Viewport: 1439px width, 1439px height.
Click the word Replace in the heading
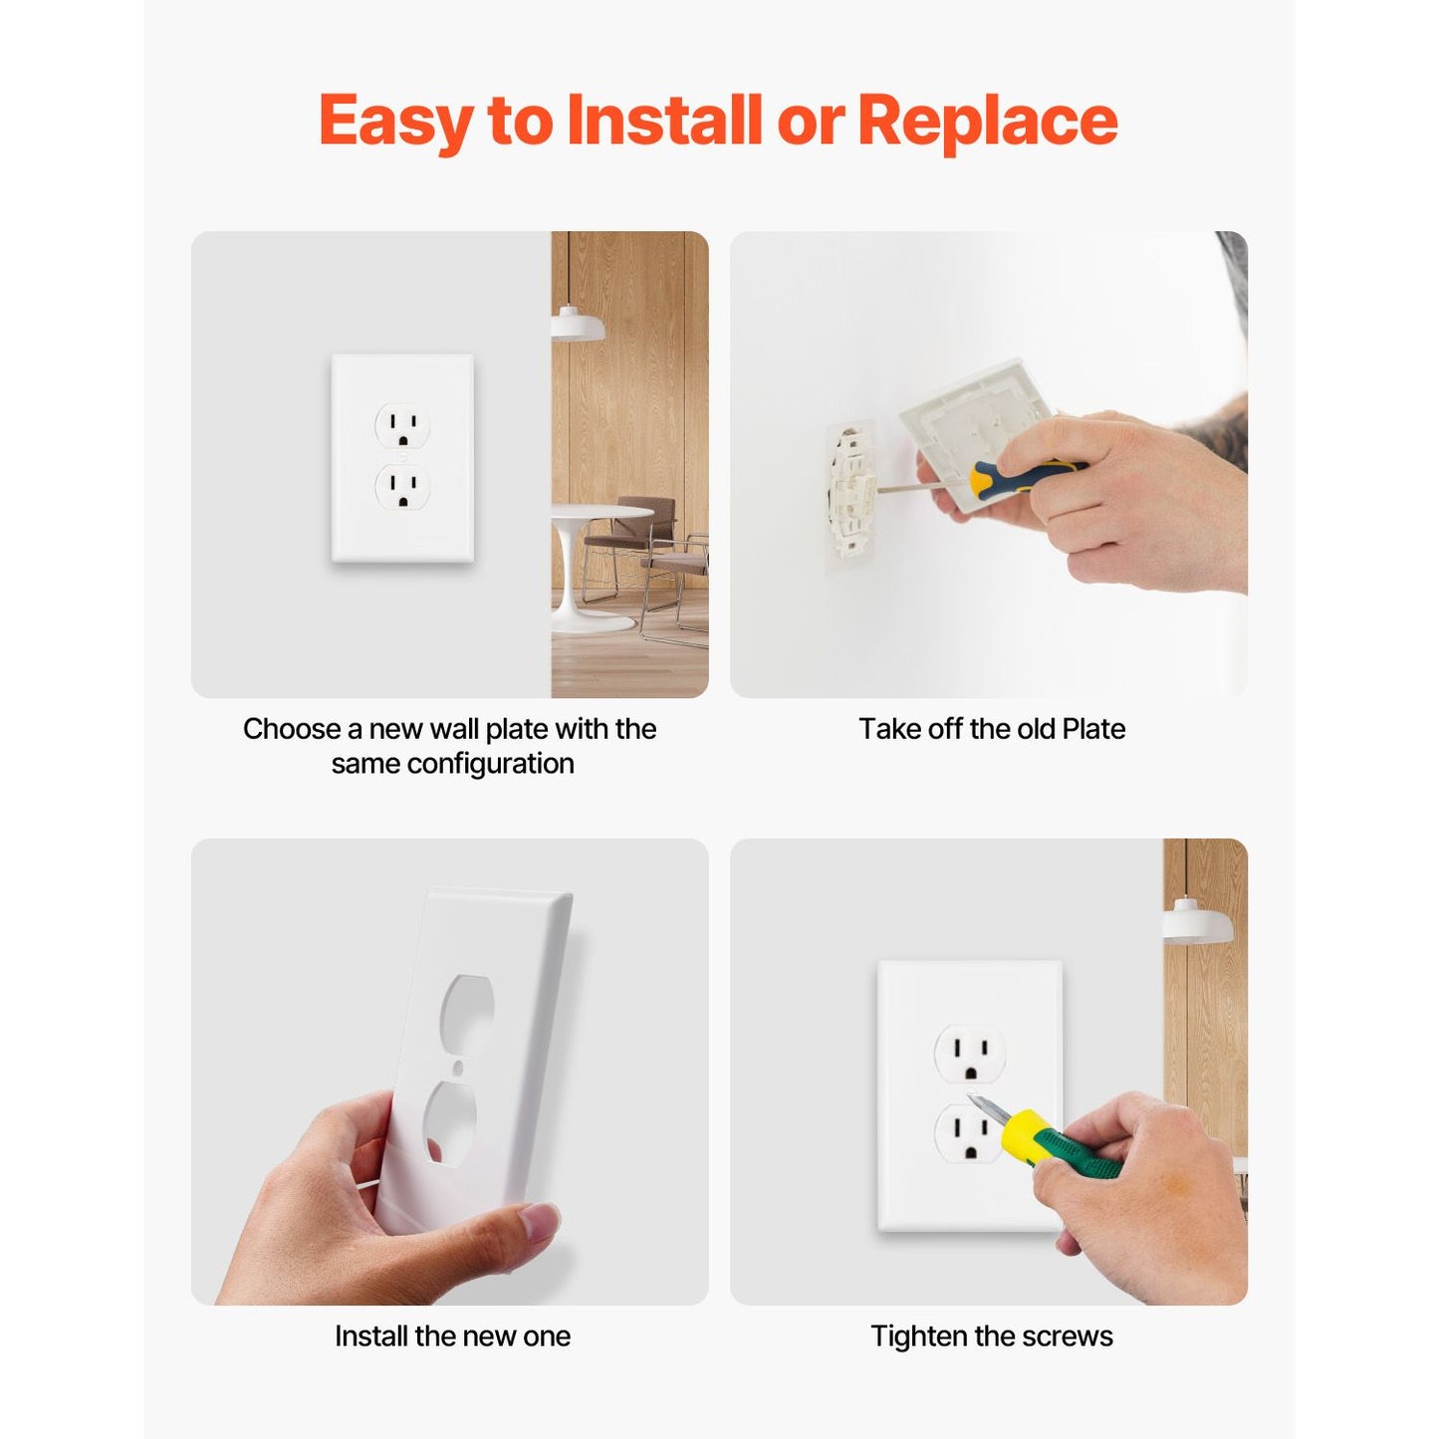tap(987, 120)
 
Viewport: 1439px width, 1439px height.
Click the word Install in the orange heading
tap(664, 120)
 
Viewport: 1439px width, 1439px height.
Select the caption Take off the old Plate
tap(991, 729)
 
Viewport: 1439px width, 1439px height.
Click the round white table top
tap(601, 512)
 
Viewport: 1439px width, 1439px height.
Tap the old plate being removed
tap(976, 431)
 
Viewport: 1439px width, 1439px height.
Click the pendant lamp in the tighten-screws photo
tap(1197, 921)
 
